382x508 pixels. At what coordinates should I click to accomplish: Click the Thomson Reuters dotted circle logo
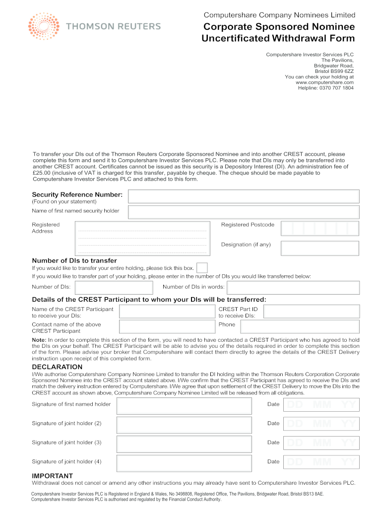click(44, 26)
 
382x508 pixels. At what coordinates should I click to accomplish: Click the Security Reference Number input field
click(243, 196)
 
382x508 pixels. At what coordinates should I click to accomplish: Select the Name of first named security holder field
click(243, 212)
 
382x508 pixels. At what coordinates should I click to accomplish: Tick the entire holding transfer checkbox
click(202, 268)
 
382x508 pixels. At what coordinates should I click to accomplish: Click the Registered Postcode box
click(320, 228)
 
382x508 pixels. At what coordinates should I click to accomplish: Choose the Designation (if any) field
click(320, 248)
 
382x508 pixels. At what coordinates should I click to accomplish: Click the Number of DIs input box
click(114, 288)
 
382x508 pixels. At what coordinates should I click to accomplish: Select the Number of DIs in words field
click(293, 288)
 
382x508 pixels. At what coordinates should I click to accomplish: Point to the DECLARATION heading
click(57, 367)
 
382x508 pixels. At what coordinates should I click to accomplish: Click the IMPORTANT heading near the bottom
click(52, 476)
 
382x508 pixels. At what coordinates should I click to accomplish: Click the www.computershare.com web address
click(324, 82)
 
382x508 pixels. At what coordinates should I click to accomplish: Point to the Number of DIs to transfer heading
click(74, 260)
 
